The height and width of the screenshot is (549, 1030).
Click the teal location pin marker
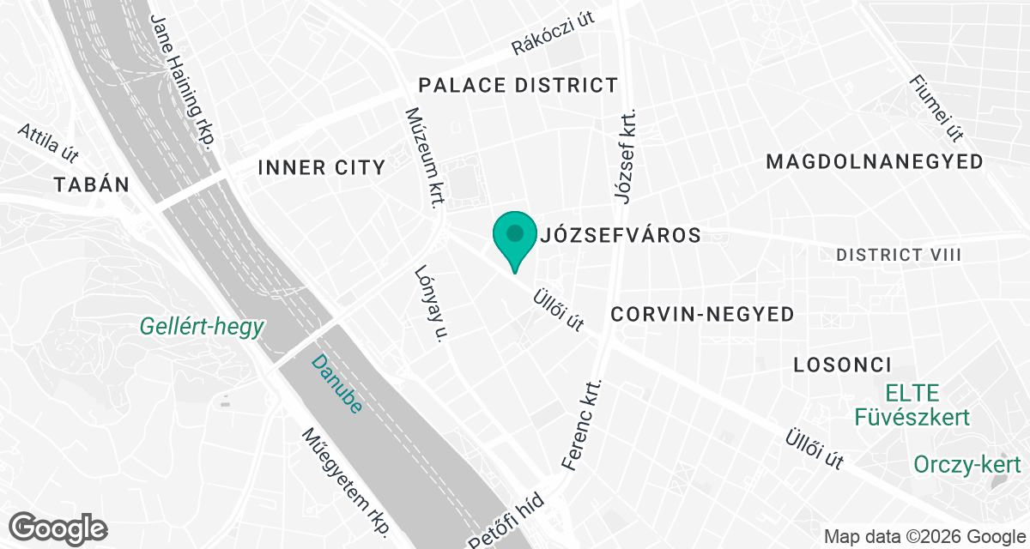(x=514, y=236)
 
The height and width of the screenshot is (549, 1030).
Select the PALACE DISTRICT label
(x=518, y=85)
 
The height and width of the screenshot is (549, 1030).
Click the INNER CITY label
(x=322, y=167)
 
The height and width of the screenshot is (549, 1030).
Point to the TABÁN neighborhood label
(x=91, y=184)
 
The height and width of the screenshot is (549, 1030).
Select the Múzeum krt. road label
(x=425, y=157)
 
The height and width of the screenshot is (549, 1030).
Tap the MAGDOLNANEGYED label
(x=875, y=161)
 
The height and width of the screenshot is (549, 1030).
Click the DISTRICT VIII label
(x=898, y=255)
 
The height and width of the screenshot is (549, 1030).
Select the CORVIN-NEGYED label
(x=702, y=315)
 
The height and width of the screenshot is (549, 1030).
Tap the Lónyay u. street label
(x=432, y=303)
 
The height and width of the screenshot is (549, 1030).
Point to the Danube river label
(x=336, y=383)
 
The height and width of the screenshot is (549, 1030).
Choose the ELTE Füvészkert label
(x=912, y=406)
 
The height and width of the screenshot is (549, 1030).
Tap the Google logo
(x=58, y=526)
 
